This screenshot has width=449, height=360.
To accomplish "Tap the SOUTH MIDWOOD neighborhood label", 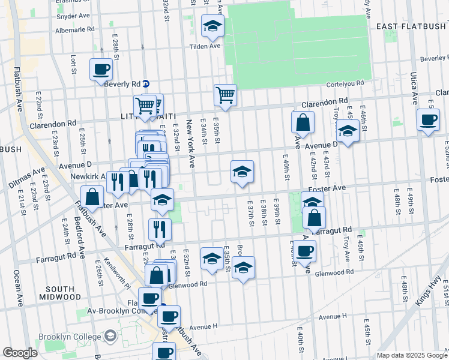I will [x=60, y=292].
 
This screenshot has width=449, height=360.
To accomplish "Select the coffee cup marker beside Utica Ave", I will [x=428, y=121].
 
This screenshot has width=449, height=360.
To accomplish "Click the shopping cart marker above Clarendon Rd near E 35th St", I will [x=225, y=95].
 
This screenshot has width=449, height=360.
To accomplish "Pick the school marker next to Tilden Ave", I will [x=212, y=26].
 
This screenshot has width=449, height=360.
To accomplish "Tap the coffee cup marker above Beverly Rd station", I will [x=101, y=69].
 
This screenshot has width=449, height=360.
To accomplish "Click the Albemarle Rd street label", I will [x=74, y=29].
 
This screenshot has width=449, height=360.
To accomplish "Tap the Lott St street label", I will [x=74, y=63].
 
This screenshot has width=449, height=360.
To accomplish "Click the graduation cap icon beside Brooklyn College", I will [x=110, y=337].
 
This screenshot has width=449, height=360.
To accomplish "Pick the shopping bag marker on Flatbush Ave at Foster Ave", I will [x=93, y=197].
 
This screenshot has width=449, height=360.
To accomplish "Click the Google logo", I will [x=20, y=353].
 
